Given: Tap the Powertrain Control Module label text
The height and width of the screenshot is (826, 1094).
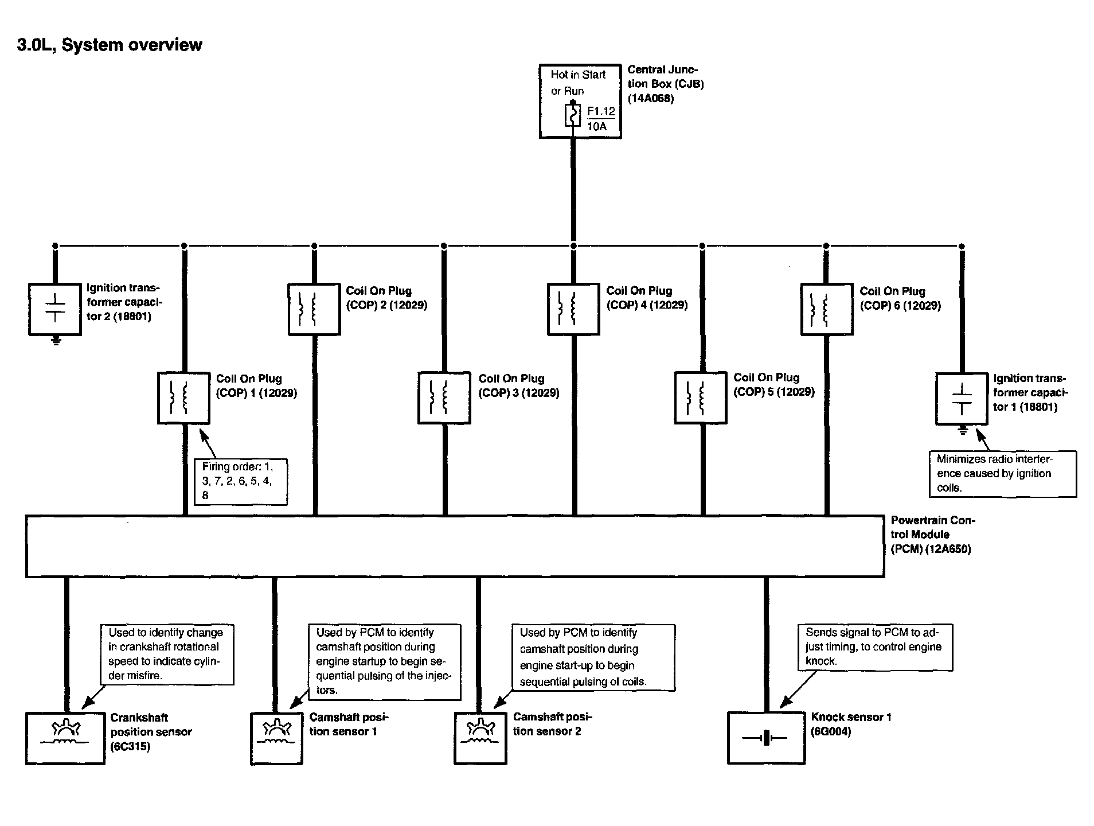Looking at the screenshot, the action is pos(933,535).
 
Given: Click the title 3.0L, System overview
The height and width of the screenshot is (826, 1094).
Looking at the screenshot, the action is pos(110,45).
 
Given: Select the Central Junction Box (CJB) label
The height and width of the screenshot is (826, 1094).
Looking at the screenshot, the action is pos(666,84).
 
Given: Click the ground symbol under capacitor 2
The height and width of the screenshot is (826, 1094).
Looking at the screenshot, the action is pos(56,341).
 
